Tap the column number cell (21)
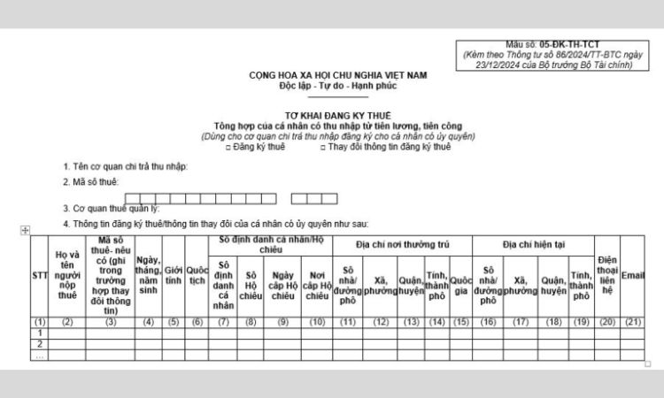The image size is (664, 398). click(x=633, y=321)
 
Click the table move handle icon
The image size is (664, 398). click(x=25, y=230)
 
